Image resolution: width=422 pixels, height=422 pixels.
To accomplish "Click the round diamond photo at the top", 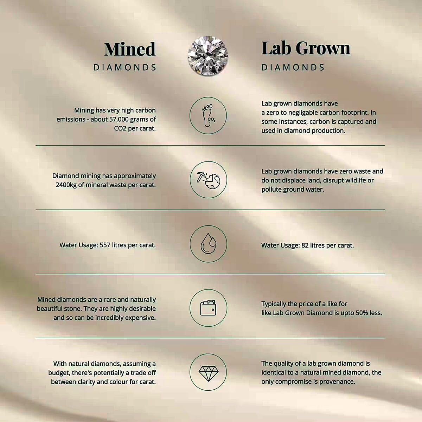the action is tap(208, 56).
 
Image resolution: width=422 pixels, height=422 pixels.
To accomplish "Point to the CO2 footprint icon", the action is tap(208, 115).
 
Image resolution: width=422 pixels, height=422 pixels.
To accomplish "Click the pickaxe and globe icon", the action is tap(208, 180).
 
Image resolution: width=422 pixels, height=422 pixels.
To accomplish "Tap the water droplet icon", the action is tap(209, 243).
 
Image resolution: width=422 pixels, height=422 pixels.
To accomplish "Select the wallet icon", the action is tap(208, 308).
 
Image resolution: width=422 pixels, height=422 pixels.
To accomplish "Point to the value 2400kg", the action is tap(66, 185).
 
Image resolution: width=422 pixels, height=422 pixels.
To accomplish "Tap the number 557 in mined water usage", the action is tap(105, 245).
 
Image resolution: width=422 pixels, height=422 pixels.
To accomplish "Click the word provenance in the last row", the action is tap(337, 382).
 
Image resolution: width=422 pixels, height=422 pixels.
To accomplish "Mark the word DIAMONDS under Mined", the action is tap(125, 68).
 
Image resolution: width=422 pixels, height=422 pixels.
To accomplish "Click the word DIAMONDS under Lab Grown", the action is tap(293, 68).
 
